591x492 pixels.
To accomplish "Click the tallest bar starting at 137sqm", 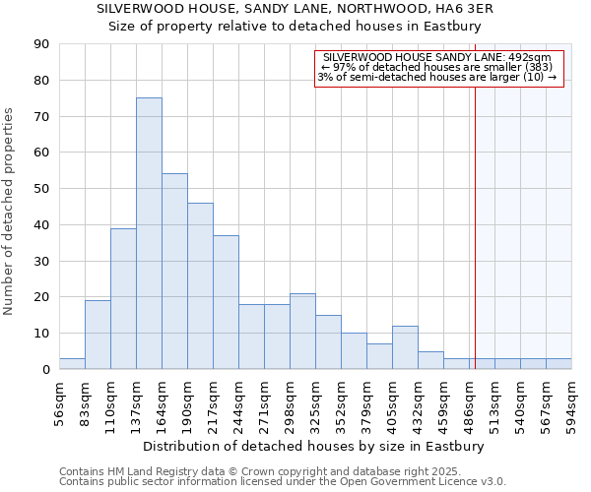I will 149,233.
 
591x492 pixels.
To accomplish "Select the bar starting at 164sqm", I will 174,272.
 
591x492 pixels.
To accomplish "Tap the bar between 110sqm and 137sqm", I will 123,298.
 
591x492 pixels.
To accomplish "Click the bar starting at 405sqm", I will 405,347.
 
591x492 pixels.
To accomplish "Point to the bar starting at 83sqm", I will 98,335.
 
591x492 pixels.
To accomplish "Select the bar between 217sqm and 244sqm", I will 226,302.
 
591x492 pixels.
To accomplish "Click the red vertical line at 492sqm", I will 475,226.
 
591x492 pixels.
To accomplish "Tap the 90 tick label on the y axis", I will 41,44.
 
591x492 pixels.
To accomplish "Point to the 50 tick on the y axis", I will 41,189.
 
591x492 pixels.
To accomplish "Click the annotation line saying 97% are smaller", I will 437,67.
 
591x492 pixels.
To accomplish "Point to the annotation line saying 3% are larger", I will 437,77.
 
